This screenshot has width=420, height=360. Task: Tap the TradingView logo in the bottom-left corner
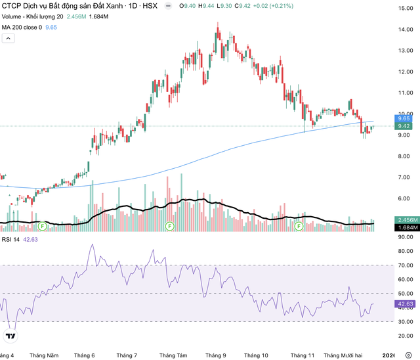pyautogui.click(x=10, y=337)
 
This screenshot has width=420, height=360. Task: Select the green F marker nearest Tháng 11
pyautogui.click(x=299, y=225)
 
